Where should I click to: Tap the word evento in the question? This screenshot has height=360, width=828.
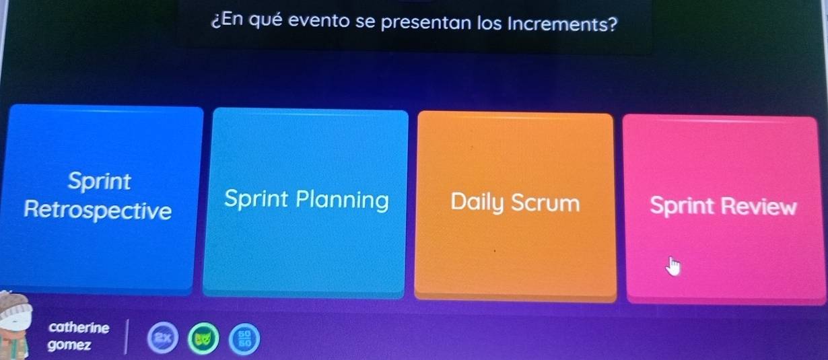click(x=318, y=21)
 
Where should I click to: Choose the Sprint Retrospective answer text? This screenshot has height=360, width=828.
click(x=98, y=196)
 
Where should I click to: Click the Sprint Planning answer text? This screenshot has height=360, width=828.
click(x=306, y=201)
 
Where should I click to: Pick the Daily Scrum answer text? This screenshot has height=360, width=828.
click(x=515, y=203)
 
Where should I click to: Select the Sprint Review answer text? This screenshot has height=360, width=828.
click(x=723, y=205)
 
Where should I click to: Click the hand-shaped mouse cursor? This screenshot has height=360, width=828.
click(x=673, y=267)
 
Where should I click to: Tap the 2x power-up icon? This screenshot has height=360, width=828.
click(x=163, y=337)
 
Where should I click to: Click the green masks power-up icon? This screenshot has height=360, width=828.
click(x=203, y=338)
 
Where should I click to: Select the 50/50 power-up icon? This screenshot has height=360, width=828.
click(x=244, y=339)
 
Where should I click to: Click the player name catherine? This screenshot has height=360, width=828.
click(x=79, y=328)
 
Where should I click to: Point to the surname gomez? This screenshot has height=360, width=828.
click(x=69, y=345)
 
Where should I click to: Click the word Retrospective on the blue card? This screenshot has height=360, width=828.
click(x=98, y=211)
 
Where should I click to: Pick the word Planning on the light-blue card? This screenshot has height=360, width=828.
click(x=342, y=201)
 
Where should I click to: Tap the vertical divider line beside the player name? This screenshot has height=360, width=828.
click(x=127, y=336)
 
